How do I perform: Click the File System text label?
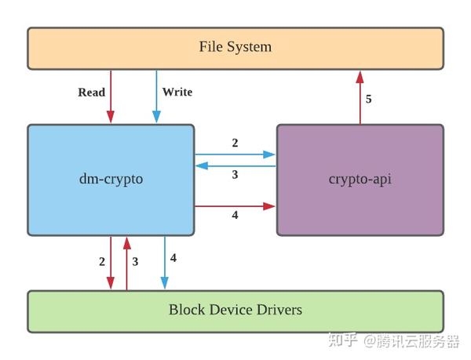(x=235, y=47)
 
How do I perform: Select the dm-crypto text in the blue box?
(x=111, y=180)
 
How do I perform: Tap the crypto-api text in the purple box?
(x=360, y=180)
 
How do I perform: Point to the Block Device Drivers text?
(x=235, y=310)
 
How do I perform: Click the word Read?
(x=91, y=93)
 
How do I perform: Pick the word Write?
(x=177, y=93)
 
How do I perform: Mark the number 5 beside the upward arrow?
(x=369, y=100)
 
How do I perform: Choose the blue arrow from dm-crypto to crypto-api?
(x=235, y=155)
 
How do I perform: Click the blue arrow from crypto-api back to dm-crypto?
(x=235, y=165)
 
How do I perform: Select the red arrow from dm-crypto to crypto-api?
(x=235, y=206)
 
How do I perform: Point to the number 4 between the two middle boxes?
(x=235, y=216)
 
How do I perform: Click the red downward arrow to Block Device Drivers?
(x=111, y=263)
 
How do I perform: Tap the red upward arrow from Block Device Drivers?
(x=126, y=263)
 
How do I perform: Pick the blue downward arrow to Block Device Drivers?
(x=164, y=263)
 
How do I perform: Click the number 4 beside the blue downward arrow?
(x=173, y=258)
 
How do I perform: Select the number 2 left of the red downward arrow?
(x=102, y=262)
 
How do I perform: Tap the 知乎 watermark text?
(x=344, y=340)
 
